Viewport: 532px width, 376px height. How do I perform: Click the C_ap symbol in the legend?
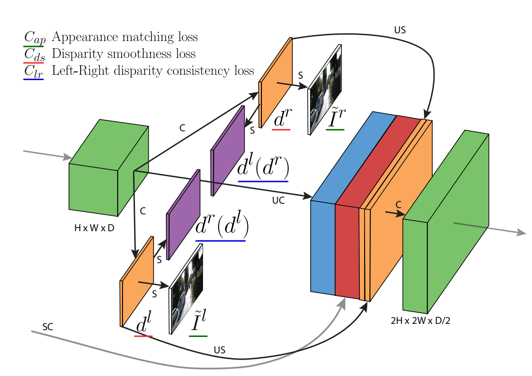pyautogui.click(x=33, y=37)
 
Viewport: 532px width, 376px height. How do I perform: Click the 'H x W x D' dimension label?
pyautogui.click(x=94, y=228)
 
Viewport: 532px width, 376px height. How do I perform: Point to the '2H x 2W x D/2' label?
pyautogui.click(x=420, y=320)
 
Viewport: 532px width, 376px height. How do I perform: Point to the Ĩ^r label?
pyautogui.click(x=336, y=119)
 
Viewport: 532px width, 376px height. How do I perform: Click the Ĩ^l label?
pyautogui.click(x=198, y=324)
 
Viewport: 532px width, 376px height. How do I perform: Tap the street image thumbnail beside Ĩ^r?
pyautogui.click(x=325, y=89)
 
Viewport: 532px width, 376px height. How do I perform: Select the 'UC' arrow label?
pyautogui.click(x=278, y=200)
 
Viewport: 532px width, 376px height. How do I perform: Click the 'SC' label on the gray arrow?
pyautogui.click(x=48, y=327)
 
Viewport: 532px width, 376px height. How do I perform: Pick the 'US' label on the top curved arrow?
pyautogui.click(x=400, y=30)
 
